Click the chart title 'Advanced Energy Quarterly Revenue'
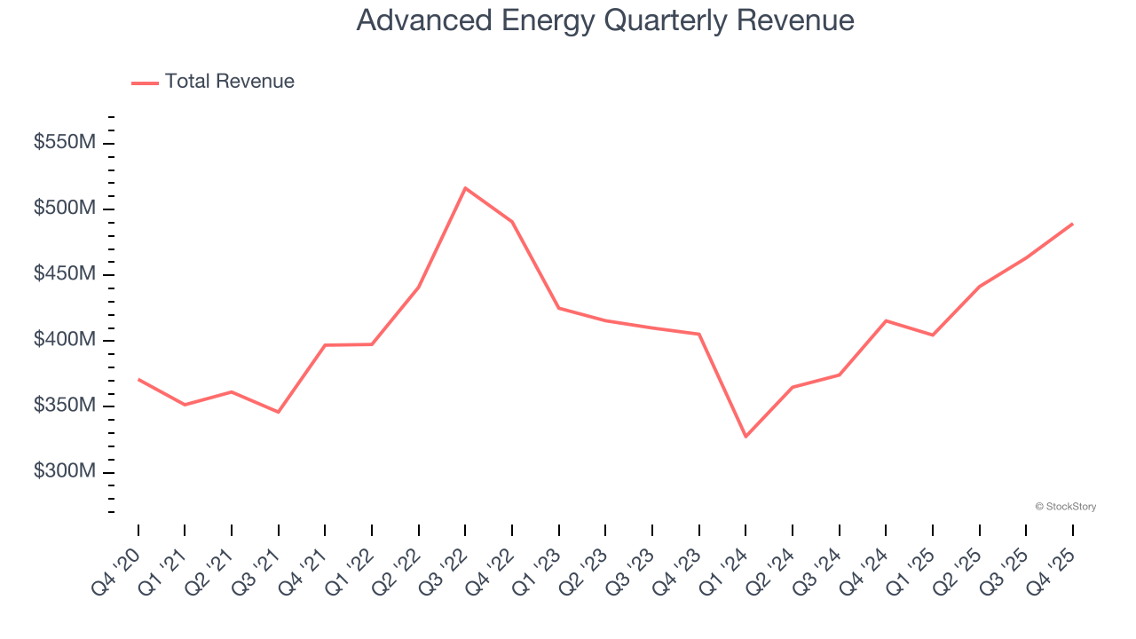click(605, 20)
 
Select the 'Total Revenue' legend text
click(229, 82)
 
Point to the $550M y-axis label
click(63, 143)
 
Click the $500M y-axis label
click(63, 209)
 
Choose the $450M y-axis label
click(63, 274)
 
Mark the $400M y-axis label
click(63, 340)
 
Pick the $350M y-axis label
click(63, 406)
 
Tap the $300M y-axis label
click(63, 471)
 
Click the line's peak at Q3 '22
click(465, 188)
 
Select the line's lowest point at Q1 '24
click(745, 437)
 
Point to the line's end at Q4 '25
click(1072, 224)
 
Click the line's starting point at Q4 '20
click(138, 380)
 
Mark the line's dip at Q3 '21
click(279, 412)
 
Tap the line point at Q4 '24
click(886, 320)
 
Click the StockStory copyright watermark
click(1065, 507)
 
